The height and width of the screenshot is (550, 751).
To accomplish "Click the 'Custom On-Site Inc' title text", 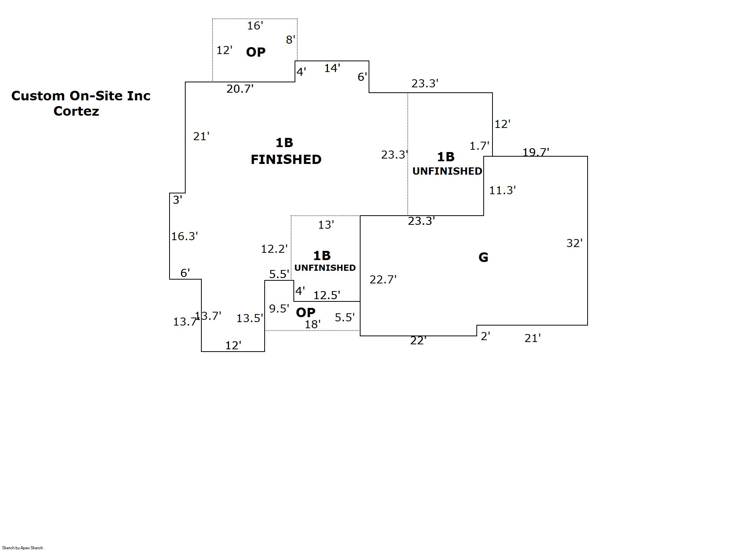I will [x=81, y=96].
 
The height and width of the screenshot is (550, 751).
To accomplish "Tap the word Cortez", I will [x=76, y=111].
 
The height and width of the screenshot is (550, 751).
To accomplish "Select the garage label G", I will [x=483, y=257].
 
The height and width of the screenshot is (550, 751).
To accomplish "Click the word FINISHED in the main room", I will [x=286, y=159].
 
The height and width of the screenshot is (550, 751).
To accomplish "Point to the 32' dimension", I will [x=574, y=243].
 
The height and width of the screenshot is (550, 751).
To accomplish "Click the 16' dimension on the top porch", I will [x=255, y=26].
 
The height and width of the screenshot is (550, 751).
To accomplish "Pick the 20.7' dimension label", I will [x=240, y=89].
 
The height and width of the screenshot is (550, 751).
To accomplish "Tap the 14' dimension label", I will [x=332, y=68].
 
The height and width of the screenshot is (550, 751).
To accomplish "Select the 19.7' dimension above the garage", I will [x=535, y=152].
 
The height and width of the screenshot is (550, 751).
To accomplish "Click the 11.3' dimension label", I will [x=502, y=190].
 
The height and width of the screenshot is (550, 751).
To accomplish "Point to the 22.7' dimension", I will [x=383, y=280].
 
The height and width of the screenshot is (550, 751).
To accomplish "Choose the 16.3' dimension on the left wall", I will [x=184, y=236].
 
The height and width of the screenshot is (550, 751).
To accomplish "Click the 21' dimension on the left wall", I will [x=201, y=136].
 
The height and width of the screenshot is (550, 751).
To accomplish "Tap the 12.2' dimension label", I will [x=274, y=249].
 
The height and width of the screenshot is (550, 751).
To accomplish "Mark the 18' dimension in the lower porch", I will [x=312, y=324].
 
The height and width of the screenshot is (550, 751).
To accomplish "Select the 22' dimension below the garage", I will [x=418, y=340].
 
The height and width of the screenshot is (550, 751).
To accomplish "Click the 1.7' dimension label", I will [x=479, y=146].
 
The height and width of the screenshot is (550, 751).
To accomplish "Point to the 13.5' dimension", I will [x=249, y=318].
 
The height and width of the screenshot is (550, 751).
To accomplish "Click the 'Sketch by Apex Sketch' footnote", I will [x=23, y=548].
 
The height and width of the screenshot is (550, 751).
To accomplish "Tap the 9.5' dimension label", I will [x=279, y=308].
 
